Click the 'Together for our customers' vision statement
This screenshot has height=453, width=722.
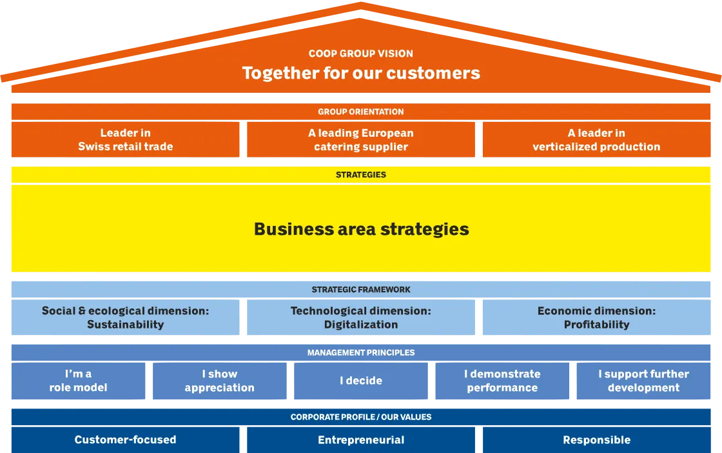[x=361, y=73]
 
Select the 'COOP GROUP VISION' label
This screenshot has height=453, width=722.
[x=361, y=54]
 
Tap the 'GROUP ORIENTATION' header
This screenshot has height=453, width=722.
[x=361, y=112]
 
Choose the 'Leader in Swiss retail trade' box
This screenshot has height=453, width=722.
[x=126, y=140]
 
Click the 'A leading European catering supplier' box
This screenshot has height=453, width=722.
[x=361, y=140]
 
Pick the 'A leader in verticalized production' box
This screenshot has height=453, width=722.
[x=596, y=140]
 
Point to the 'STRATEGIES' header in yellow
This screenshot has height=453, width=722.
[x=361, y=174]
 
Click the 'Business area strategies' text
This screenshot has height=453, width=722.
[x=361, y=229]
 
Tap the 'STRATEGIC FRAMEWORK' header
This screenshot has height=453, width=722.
[x=361, y=290]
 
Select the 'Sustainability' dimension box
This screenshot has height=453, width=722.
[x=126, y=317]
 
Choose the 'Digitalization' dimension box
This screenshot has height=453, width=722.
[x=361, y=317]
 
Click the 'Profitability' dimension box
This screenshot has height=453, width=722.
[x=596, y=317]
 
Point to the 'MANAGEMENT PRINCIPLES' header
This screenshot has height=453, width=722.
[x=361, y=353]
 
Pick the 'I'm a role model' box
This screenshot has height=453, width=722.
[x=79, y=381]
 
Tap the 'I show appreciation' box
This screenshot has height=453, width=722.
[x=220, y=381]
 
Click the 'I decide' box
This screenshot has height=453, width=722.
[x=361, y=381]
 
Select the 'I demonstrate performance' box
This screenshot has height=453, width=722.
[x=502, y=381]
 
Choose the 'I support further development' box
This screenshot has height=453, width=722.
[x=643, y=381]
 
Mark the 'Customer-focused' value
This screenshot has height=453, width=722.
[x=126, y=440]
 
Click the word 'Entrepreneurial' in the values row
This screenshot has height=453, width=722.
[x=361, y=440]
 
